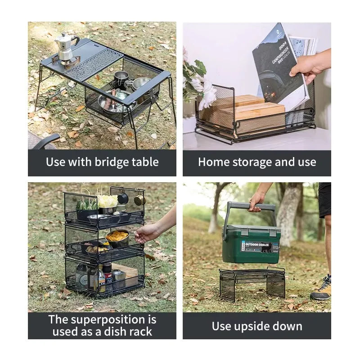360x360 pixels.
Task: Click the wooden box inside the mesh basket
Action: pyautogui.click(x=252, y=115)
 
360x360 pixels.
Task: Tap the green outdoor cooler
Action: pyautogui.click(x=251, y=243)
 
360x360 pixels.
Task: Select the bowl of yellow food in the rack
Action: pyautogui.click(x=117, y=237)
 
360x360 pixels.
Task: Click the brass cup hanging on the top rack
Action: pyautogui.click(x=139, y=199)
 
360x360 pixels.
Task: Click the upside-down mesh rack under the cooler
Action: pyautogui.click(x=252, y=283)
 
